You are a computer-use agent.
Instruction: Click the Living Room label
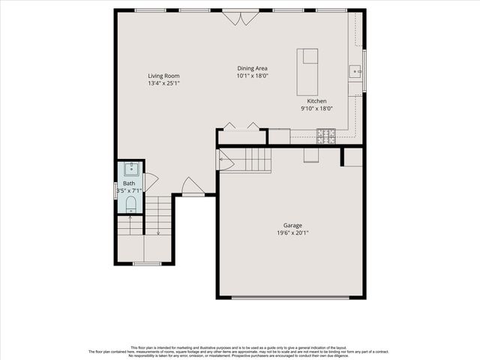pyautogui.click(x=163, y=76)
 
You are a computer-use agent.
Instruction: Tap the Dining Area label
pyautogui.click(x=252, y=68)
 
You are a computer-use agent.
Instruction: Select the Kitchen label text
pyautogui.click(x=316, y=100)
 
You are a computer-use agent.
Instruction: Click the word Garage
pyautogui.click(x=292, y=225)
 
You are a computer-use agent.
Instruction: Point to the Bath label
pyautogui.click(x=129, y=183)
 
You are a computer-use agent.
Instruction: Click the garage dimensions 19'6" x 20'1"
pyautogui.click(x=292, y=232)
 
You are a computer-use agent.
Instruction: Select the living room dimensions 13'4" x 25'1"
pyautogui.click(x=163, y=83)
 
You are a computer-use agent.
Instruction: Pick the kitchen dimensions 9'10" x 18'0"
pyautogui.click(x=316, y=108)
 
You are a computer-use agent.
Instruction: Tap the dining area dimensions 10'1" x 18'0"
pyautogui.click(x=252, y=76)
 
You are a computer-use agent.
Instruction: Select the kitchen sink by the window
pyautogui.click(x=355, y=72)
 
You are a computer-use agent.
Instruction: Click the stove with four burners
pyautogui.click(x=325, y=136)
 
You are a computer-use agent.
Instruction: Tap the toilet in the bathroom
pyautogui.click(x=130, y=204)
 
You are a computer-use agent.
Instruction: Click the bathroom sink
pyautogui.click(x=130, y=168)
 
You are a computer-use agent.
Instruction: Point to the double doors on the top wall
pyautogui.click(x=241, y=16)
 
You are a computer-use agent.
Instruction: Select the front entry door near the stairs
pyautogui.click(x=192, y=187)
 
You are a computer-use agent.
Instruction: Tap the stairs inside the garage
pyautogui.click(x=251, y=160)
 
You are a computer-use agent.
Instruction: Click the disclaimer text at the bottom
pyautogui.click(x=240, y=352)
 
